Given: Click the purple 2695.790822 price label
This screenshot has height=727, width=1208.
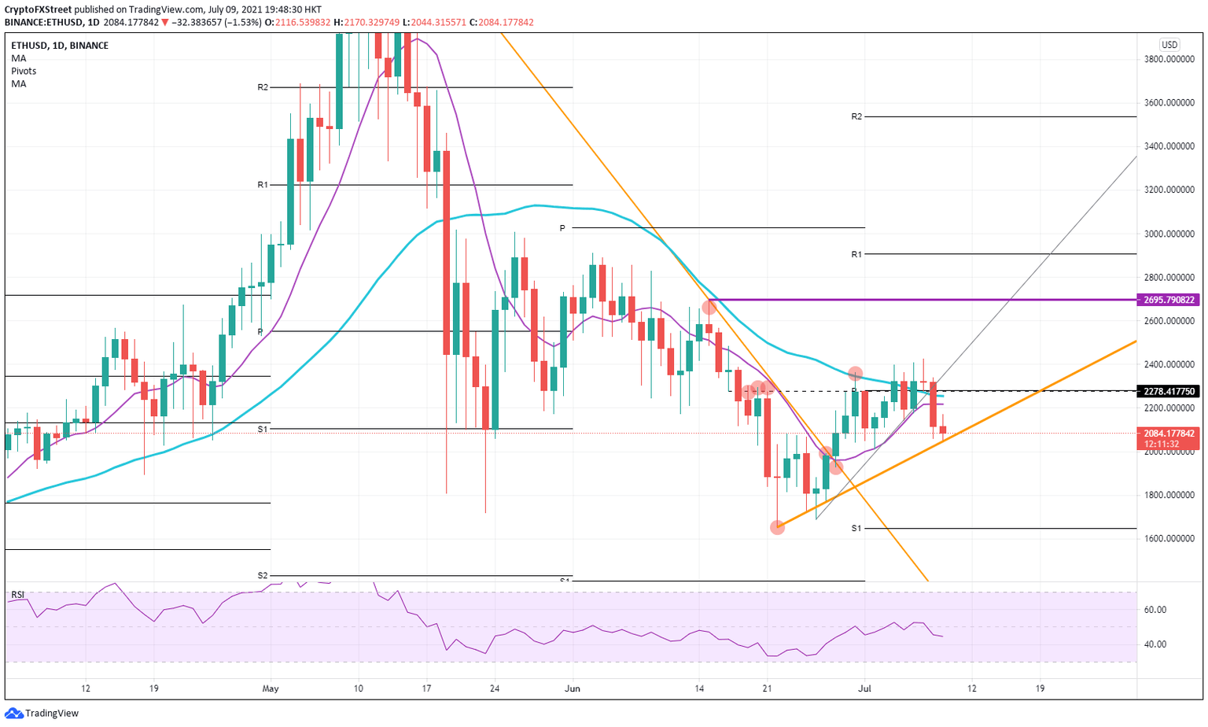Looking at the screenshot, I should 1169,300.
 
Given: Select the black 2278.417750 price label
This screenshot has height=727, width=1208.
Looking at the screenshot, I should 1169,391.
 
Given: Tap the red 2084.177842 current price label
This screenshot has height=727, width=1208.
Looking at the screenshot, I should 1169,434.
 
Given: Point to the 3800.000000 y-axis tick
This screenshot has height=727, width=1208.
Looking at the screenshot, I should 1169,59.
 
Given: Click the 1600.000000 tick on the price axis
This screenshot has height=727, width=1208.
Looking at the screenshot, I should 1169,539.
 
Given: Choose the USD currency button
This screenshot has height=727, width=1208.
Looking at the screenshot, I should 1169,45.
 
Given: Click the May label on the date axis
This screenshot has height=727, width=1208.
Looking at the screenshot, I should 270,688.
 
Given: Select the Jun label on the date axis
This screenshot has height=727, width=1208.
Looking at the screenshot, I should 573,688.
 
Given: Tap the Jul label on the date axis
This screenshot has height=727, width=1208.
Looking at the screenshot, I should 864,688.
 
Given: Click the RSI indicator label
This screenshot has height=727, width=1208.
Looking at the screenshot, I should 17,595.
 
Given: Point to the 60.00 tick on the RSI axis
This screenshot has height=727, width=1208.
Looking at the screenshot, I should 1155,610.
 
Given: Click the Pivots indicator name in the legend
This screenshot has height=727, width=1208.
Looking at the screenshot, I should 24,71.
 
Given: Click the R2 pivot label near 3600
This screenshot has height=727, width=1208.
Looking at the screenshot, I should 856,116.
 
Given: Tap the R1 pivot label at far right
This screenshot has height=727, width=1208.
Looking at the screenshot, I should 856,254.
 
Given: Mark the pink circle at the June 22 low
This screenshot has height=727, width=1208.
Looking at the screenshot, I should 777,527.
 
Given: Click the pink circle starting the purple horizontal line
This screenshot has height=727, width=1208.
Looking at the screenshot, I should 709,307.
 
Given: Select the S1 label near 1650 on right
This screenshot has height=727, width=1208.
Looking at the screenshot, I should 856,528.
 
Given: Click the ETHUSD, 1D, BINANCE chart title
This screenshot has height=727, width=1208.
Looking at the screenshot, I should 60,46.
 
